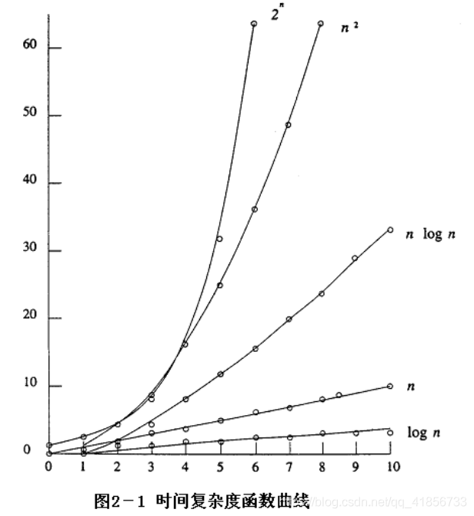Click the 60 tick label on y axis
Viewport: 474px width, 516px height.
pyautogui.click(x=30, y=48)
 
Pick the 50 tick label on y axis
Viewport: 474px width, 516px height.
pyautogui.click(x=30, y=116)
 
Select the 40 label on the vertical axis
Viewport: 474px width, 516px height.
pyautogui.click(x=30, y=183)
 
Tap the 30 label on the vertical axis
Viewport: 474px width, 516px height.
pyautogui.click(x=30, y=251)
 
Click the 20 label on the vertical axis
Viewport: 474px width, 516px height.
pyautogui.click(x=30, y=318)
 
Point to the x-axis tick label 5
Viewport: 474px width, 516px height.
pyautogui.click(x=219, y=467)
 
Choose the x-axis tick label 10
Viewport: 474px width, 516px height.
pyautogui.click(x=391, y=467)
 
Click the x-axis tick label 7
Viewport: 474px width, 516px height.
pyautogui.click(x=288, y=467)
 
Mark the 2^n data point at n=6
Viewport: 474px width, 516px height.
pyautogui.click(x=254, y=24)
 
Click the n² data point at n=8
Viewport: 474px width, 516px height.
pyautogui.click(x=321, y=24)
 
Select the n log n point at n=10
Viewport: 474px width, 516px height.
pyautogui.click(x=390, y=230)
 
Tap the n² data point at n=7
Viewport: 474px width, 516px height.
pyautogui.click(x=288, y=125)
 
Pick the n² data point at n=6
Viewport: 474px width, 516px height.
pyautogui.click(x=254, y=209)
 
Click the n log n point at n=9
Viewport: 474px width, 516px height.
pyautogui.click(x=355, y=259)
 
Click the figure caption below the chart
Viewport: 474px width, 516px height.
pyautogui.click(x=201, y=502)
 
